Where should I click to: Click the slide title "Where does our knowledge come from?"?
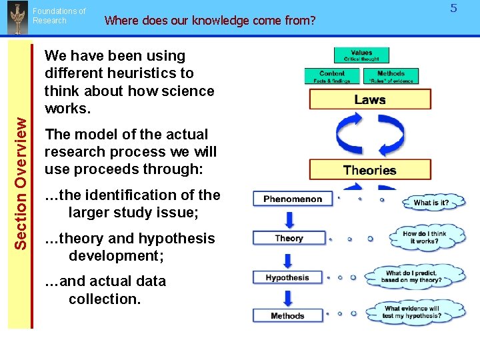coord(209,20)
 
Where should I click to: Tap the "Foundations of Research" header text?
coord(59,16)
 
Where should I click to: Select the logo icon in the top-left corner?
coord(16,17)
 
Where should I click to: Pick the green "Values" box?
coord(361,55)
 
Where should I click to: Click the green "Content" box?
coord(331,77)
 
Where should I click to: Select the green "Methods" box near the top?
coord(391,77)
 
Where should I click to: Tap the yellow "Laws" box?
coord(369,100)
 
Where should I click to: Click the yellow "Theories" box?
coord(369,170)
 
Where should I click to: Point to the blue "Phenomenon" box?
coord(292,199)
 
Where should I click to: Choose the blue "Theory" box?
coord(289,238)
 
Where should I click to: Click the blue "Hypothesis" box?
coord(287,277)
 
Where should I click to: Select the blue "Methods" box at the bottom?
coord(287,315)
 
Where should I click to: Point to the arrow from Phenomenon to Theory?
coord(289,218)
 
